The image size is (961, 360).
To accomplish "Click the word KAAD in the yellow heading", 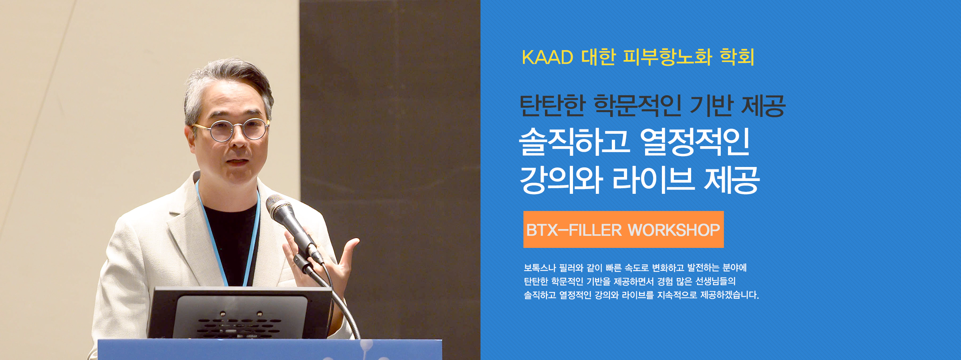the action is pyautogui.click(x=547, y=57).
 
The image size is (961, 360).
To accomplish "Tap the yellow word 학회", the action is pyautogui.click(x=737, y=57).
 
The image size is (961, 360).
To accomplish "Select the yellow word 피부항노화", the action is pyautogui.click(x=667, y=57).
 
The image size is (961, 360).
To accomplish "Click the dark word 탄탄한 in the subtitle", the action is pyautogui.click(x=553, y=106).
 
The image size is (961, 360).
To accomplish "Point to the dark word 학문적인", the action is pyautogui.click(x=637, y=106).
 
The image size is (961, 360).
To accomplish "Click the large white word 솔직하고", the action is pyautogui.click(x=574, y=142).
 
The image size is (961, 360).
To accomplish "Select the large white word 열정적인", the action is pyautogui.click(x=695, y=142).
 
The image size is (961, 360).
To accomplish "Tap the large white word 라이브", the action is pyautogui.click(x=653, y=180).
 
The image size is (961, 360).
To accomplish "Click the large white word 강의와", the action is pyautogui.click(x=561, y=180).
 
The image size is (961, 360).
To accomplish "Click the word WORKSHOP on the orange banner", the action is pyautogui.click(x=674, y=230).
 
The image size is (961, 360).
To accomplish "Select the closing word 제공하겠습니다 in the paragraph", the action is pyautogui.click(x=730, y=295).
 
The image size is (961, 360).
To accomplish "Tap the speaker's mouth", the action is pyautogui.click(x=238, y=161).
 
